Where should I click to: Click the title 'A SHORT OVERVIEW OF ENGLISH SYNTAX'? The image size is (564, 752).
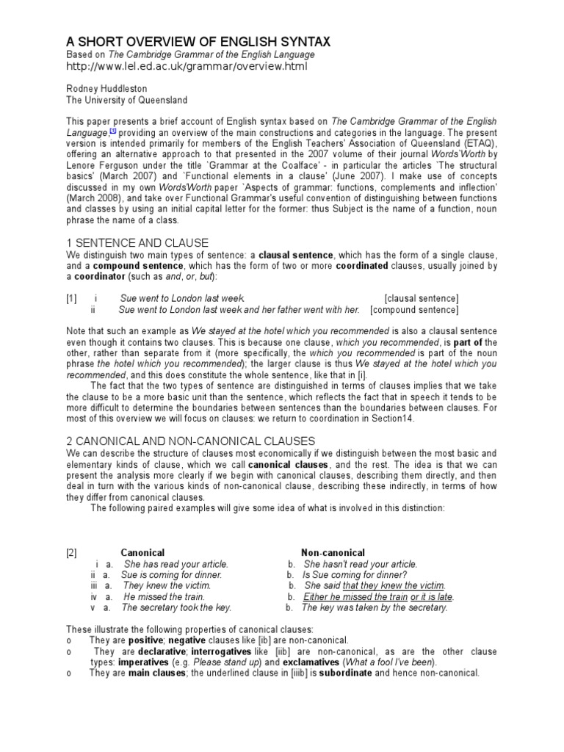coord(188,42)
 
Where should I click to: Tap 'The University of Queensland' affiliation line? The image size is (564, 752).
coord(127,100)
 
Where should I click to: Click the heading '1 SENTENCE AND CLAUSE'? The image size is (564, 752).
coord(137,242)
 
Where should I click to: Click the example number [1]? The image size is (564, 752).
coord(70,297)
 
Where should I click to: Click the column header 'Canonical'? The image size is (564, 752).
coord(142,552)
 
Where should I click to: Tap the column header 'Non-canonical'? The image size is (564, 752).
coord(333,552)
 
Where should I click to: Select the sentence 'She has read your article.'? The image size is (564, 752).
coord(176,564)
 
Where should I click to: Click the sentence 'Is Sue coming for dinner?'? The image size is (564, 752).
coord(355,575)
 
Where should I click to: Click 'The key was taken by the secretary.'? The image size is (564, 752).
coord(374,608)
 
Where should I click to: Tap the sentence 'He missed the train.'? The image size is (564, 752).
coord(162,597)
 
